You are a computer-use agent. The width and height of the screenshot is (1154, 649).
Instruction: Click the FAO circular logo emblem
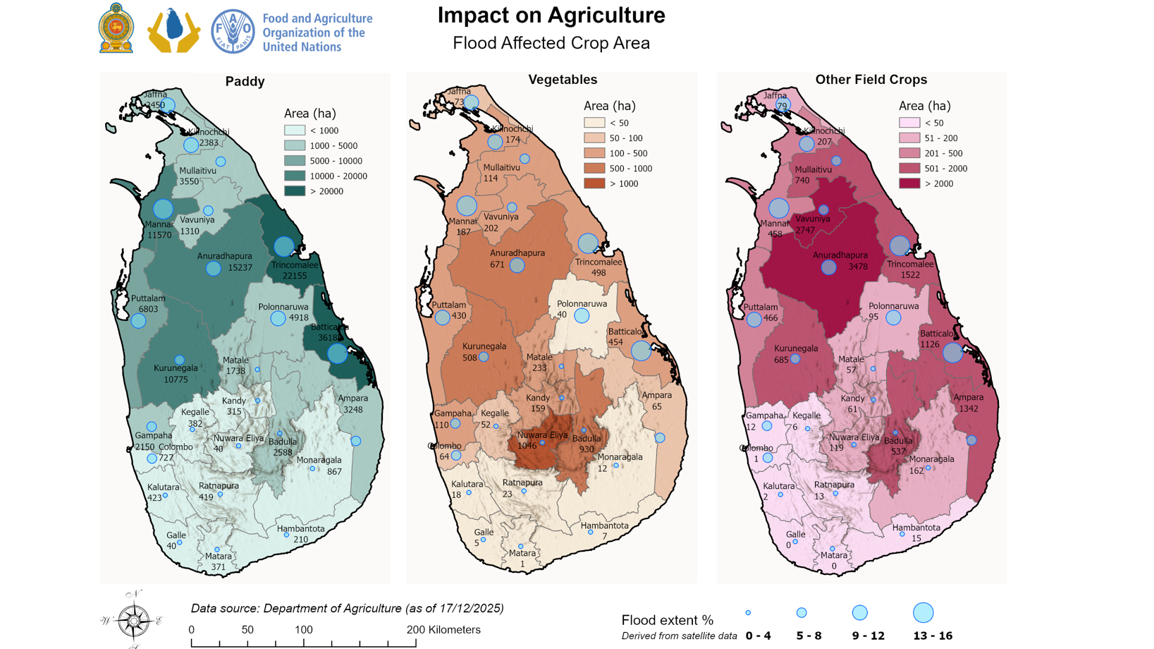pos(233,32)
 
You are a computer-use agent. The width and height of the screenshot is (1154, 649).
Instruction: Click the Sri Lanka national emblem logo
pos(116,28)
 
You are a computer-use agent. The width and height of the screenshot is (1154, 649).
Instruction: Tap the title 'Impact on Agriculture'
pos(551,16)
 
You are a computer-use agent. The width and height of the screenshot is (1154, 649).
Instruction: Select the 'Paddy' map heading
pos(245,82)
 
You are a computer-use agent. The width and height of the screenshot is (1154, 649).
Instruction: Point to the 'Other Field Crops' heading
pos(871,80)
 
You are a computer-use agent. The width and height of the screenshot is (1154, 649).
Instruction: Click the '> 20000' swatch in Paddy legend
pos(295,191)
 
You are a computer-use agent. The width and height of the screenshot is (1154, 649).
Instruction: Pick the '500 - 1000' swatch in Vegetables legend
pos(594,169)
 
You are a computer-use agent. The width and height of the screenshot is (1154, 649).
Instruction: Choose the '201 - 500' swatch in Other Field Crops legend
pos(909,153)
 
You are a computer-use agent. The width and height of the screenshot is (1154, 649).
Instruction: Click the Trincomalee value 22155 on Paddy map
pos(295,276)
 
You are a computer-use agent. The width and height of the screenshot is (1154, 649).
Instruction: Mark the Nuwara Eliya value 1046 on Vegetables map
pos(527,446)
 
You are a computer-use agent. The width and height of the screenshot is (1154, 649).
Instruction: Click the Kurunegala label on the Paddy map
pos(176,368)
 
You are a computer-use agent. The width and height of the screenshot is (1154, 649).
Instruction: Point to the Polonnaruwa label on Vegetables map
pos(582,304)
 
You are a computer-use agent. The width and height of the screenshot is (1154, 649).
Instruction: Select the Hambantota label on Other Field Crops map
pos(916,528)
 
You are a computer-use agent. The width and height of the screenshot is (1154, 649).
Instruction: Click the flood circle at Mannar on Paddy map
pos(163,209)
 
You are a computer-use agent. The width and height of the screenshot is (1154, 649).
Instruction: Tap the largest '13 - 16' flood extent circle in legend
pos(923,612)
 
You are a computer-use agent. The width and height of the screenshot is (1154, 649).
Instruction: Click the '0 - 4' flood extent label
pos(758,636)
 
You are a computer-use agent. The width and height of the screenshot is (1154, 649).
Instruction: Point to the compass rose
pos(133,621)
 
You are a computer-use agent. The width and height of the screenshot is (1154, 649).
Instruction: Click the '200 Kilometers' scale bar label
pos(443,630)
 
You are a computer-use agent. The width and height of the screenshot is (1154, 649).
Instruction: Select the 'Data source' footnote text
pos(347,608)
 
